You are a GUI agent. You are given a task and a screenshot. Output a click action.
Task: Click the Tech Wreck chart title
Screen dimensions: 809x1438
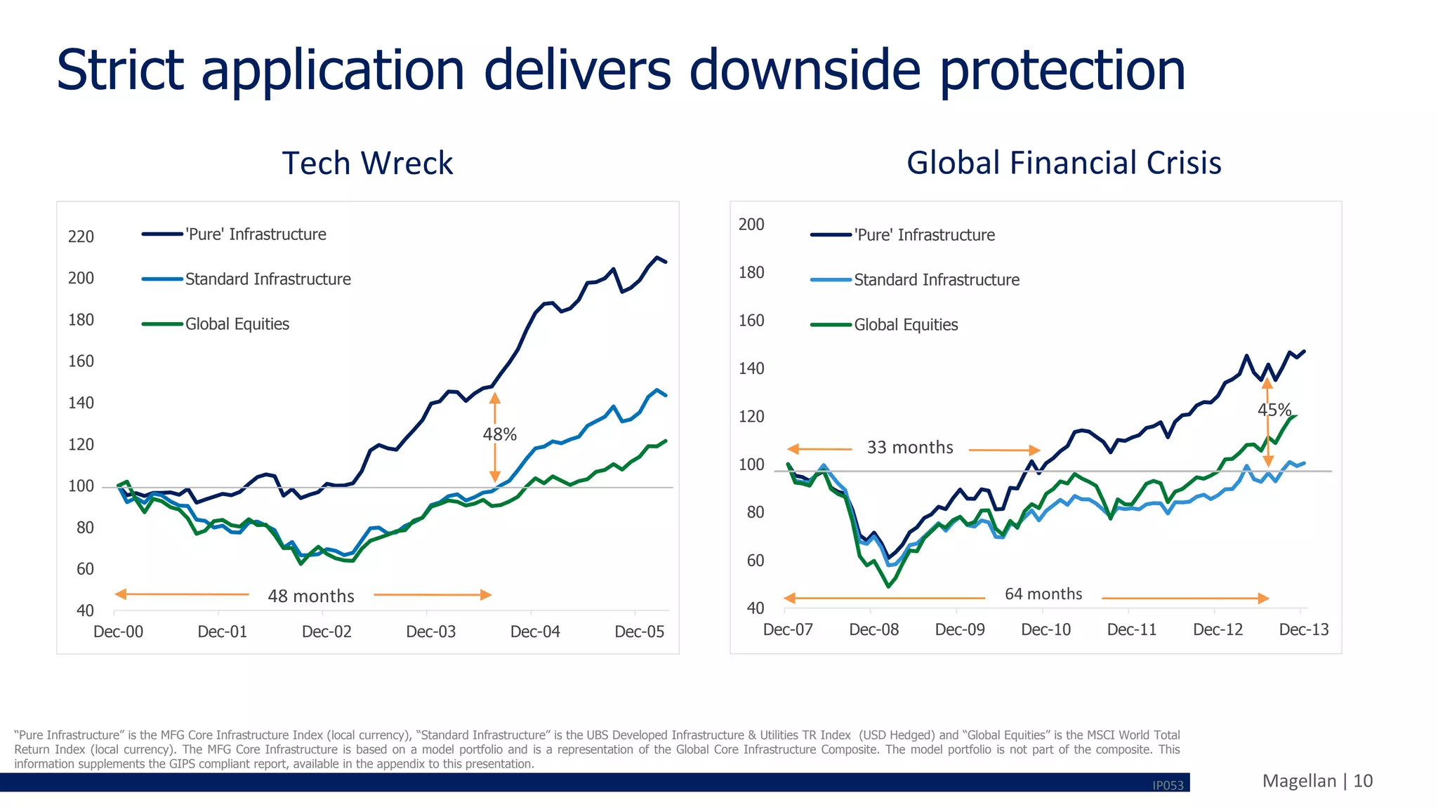pos(367,163)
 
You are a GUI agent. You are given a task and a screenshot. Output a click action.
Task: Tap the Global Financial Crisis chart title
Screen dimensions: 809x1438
pos(1064,163)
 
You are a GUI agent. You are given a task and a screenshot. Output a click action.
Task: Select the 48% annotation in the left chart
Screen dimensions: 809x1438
pos(499,435)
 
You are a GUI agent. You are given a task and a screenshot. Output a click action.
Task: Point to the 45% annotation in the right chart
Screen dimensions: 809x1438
pos(1274,410)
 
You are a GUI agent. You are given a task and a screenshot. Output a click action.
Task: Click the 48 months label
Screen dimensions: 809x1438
pos(311,596)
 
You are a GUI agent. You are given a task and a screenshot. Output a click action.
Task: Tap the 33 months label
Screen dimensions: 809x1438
pos(910,448)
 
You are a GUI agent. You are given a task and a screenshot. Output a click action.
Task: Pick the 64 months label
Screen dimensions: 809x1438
pos(1043,594)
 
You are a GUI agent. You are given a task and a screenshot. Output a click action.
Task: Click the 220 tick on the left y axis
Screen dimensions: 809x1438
pos(81,237)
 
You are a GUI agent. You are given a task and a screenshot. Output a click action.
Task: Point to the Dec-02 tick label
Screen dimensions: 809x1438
pos(326,632)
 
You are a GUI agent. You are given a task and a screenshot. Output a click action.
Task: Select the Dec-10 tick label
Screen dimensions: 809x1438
pos(1045,630)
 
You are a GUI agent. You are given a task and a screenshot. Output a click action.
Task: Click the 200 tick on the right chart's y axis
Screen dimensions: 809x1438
pos(751,225)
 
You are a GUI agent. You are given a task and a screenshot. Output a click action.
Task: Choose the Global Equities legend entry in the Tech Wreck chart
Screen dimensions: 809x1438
pos(237,324)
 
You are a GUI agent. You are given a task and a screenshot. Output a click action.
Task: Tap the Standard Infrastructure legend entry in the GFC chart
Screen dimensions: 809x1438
pos(936,280)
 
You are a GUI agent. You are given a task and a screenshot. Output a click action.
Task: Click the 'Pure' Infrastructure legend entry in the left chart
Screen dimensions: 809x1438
pos(256,234)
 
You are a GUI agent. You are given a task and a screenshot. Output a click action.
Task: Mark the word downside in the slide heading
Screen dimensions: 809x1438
pos(805,70)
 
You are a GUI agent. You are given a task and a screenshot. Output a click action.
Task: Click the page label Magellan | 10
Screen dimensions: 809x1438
pos(1317,781)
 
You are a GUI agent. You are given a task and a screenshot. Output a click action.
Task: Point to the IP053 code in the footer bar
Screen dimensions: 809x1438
pos(1168,786)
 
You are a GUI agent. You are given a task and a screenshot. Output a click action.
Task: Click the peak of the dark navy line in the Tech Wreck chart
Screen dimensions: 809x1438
pos(657,258)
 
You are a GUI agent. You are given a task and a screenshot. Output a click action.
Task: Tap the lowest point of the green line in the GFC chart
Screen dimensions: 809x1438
pos(888,586)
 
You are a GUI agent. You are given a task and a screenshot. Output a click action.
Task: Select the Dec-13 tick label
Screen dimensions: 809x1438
pos(1303,630)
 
